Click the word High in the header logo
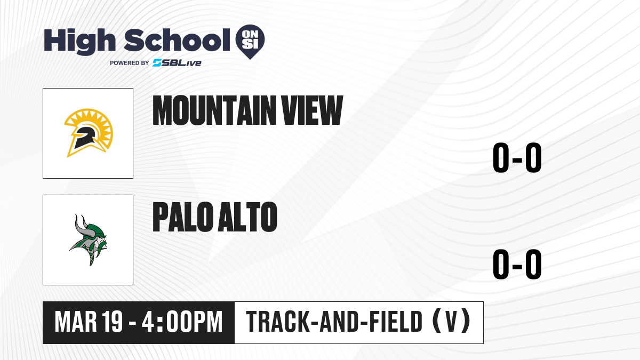click(x=79, y=42)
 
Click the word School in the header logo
click(x=177, y=40)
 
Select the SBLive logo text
click(x=177, y=63)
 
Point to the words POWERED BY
click(x=130, y=63)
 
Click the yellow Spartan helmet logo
click(x=89, y=133)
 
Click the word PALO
click(x=183, y=217)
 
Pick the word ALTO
click(x=247, y=217)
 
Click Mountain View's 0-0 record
click(x=517, y=157)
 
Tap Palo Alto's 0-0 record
click(x=517, y=264)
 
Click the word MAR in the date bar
click(x=76, y=322)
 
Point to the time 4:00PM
click(x=182, y=322)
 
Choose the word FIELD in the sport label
click(x=396, y=322)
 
